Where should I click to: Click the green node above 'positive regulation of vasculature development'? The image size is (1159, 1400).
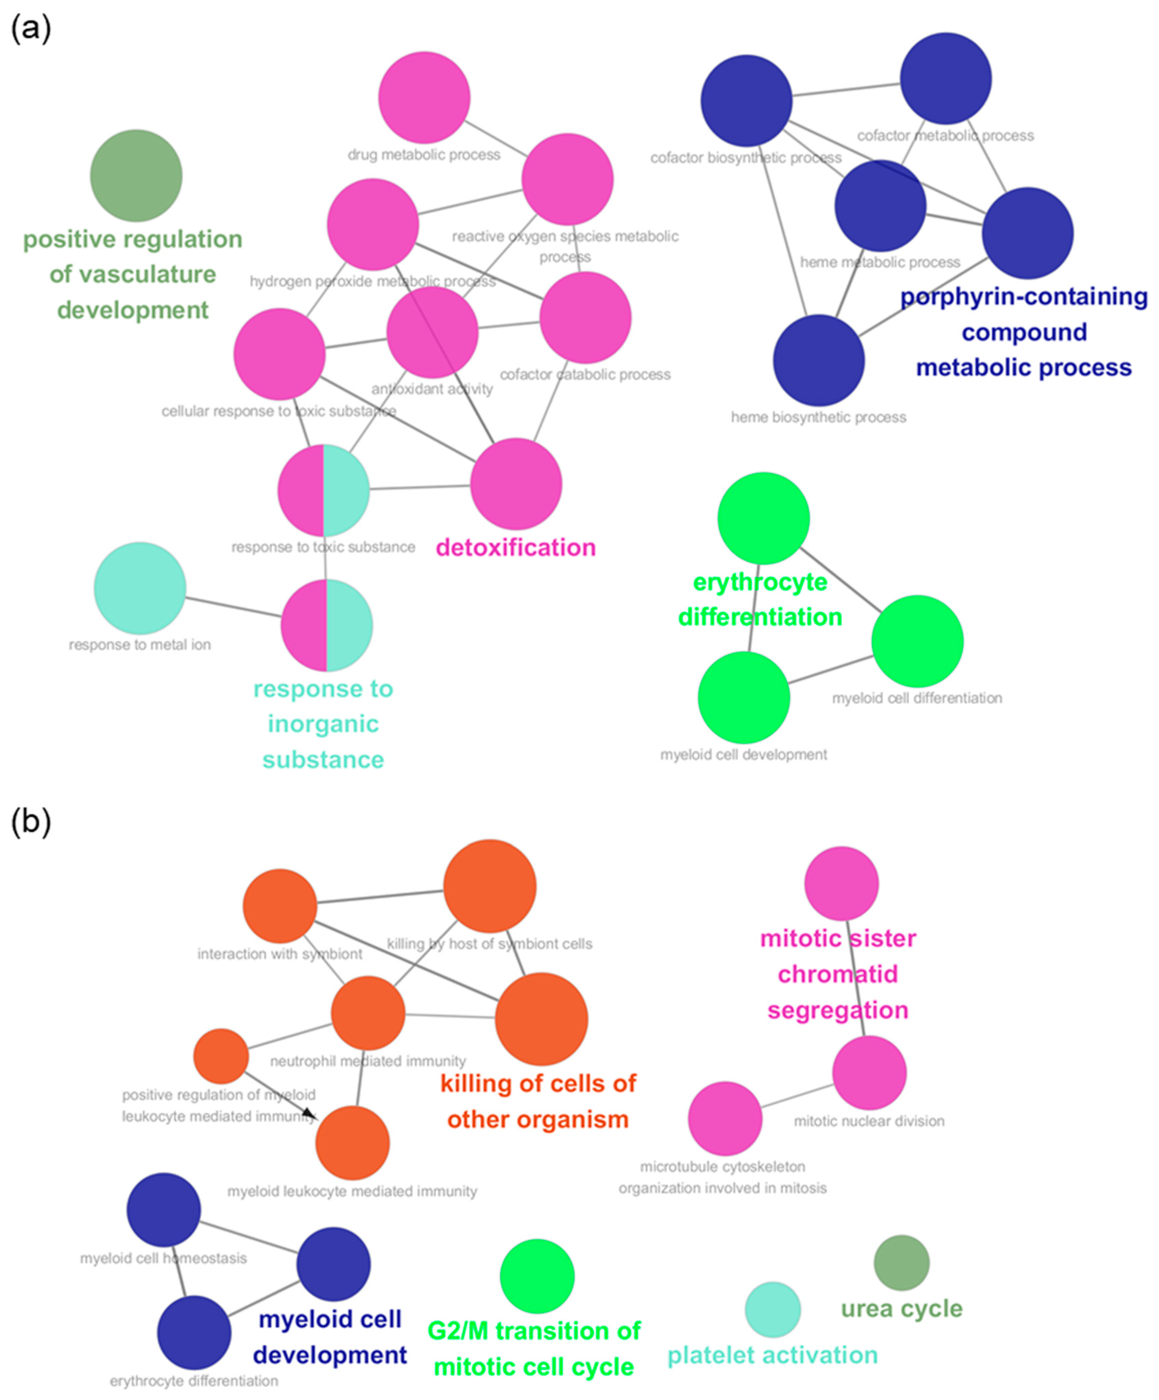click(x=136, y=175)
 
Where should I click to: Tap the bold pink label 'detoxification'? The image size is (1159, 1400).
click(x=515, y=547)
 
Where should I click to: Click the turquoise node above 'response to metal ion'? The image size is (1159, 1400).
click(x=140, y=587)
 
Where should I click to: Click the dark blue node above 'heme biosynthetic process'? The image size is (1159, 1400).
click(x=818, y=360)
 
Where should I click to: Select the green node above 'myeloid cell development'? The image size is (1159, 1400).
click(x=743, y=697)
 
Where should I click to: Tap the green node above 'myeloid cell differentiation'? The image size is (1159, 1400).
click(x=917, y=641)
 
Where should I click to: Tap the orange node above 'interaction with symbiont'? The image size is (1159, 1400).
click(x=279, y=905)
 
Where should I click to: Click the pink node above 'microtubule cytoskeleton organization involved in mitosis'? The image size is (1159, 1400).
click(x=725, y=1118)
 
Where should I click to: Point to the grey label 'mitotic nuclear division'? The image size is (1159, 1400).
click(x=868, y=1121)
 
